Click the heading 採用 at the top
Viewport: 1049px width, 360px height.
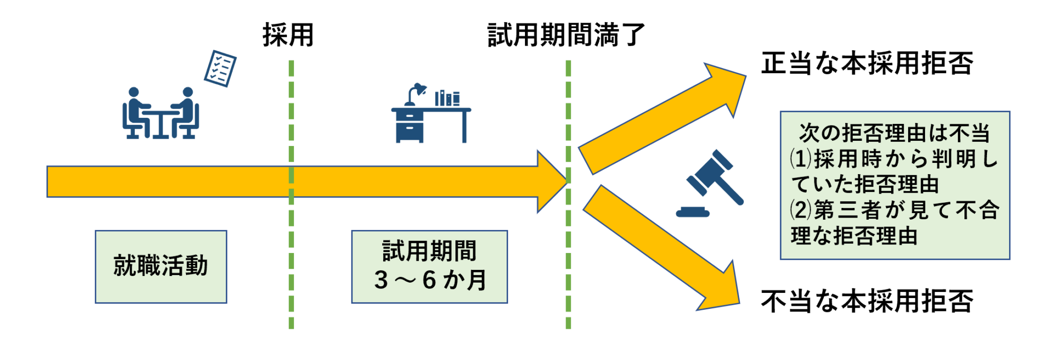point(288,35)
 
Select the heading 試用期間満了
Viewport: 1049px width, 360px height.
point(566,35)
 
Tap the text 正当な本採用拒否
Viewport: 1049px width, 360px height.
point(867,64)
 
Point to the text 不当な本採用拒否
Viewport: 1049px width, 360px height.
point(867,301)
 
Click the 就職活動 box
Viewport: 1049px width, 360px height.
point(161,266)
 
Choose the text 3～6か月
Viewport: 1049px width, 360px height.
point(430,280)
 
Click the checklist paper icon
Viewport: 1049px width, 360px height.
point(220,69)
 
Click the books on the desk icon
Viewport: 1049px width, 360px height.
point(447,98)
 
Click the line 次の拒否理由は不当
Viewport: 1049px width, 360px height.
point(894,133)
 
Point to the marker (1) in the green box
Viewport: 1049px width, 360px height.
point(800,159)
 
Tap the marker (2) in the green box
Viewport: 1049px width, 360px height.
point(800,210)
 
